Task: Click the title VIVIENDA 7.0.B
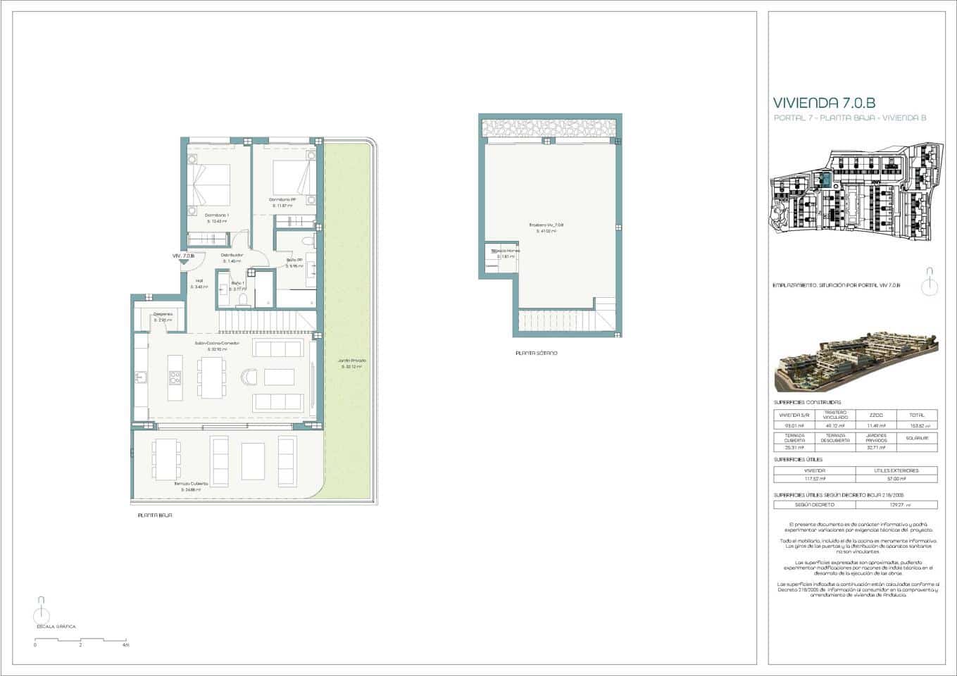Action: [825, 103]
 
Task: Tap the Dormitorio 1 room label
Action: [217, 215]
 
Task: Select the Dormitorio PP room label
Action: [282, 199]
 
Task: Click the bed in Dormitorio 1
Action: [211, 182]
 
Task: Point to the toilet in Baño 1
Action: [243, 301]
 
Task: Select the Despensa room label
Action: [163, 314]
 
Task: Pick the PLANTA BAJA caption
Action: [155, 515]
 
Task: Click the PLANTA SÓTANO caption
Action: [537, 353]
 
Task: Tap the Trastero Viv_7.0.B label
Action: [546, 225]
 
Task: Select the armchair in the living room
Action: [249, 377]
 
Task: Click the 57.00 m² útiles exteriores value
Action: [896, 479]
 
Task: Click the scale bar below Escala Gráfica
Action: [80, 639]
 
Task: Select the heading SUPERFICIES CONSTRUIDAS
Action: [806, 402]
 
